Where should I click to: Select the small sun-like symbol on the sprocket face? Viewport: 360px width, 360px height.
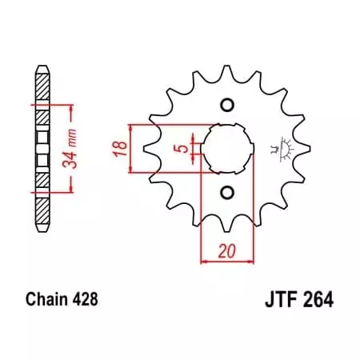pyautogui.click(x=279, y=149)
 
